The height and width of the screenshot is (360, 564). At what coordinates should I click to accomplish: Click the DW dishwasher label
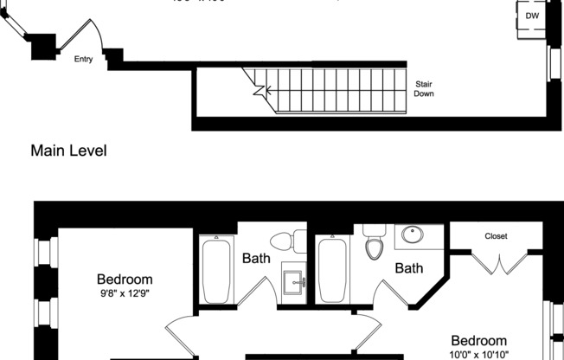(x=531, y=16)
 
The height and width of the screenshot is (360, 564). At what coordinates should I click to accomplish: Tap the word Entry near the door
(x=84, y=60)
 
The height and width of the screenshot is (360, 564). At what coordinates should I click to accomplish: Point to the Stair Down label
(x=425, y=88)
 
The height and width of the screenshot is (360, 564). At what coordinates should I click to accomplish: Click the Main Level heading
(x=68, y=151)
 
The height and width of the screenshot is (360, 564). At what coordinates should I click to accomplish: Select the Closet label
(x=496, y=235)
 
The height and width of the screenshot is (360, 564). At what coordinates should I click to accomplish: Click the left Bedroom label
(x=125, y=280)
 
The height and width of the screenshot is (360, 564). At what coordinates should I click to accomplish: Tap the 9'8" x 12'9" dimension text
(x=125, y=294)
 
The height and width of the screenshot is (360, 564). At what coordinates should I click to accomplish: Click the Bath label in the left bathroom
(x=256, y=258)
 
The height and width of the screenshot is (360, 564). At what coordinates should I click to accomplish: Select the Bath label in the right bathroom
(x=409, y=268)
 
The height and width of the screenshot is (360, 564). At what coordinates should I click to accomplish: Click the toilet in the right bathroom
(x=374, y=243)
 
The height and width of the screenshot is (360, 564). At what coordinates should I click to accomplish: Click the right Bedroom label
(x=484, y=341)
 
